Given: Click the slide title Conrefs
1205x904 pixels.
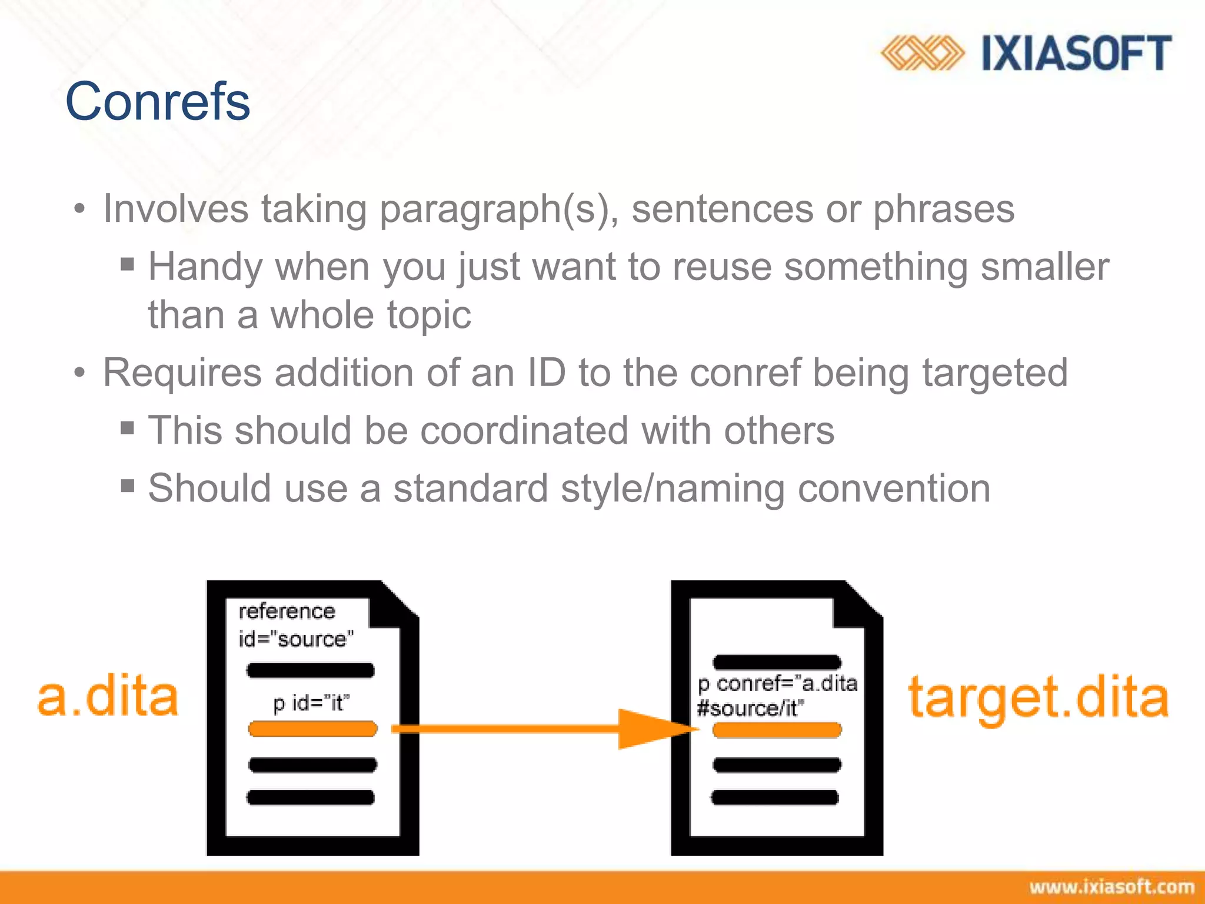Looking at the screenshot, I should click(158, 102).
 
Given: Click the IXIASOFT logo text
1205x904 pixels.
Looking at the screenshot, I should click(1076, 54).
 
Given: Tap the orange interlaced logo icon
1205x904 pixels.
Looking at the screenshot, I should click(922, 53).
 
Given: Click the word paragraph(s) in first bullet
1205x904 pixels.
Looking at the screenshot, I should click(498, 210).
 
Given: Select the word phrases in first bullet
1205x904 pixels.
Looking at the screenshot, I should click(943, 210).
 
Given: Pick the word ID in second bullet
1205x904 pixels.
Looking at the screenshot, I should click(546, 373).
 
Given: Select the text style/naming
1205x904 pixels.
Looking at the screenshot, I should click(673, 488).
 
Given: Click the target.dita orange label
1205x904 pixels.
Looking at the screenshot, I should click(1038, 698).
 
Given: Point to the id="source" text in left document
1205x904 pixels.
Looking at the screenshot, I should click(296, 639).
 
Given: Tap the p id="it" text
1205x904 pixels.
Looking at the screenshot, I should click(311, 703).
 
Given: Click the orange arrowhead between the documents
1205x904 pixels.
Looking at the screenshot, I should click(653, 729).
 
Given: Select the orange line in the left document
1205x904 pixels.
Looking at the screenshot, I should click(312, 729).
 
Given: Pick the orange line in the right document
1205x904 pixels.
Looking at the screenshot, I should click(777, 730).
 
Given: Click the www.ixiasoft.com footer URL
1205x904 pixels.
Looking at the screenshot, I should click(1111, 887).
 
